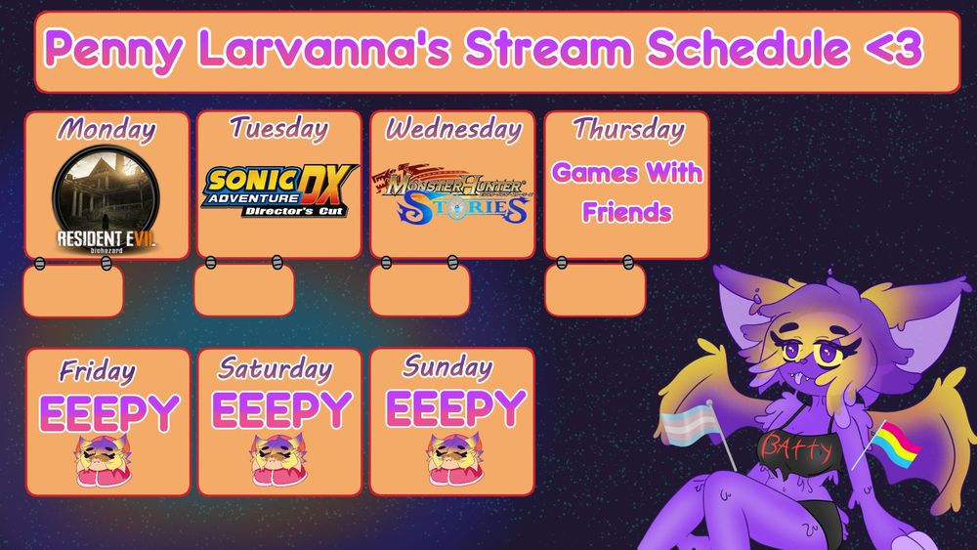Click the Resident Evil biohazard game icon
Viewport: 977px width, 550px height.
(106, 198)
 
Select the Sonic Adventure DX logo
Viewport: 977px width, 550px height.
(280, 190)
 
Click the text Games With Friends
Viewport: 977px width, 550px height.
(626, 191)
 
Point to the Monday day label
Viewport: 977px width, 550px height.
(106, 128)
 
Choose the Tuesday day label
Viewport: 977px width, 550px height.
(279, 127)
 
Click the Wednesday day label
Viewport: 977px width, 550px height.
(452, 128)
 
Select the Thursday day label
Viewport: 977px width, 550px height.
(628, 128)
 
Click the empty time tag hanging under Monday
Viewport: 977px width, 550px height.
(73, 291)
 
